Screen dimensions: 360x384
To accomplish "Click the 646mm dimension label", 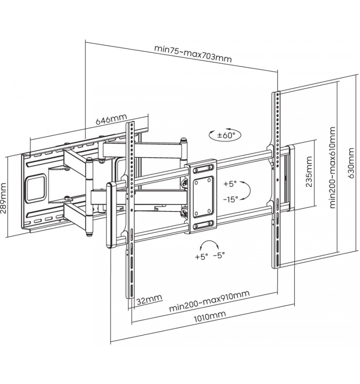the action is coord(111,119).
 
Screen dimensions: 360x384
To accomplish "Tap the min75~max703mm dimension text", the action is coord(193,54).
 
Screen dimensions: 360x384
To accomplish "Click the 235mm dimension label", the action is coord(309,171).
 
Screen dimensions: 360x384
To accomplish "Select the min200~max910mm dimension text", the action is coord(209,301).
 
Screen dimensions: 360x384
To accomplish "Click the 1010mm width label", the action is coord(210,316).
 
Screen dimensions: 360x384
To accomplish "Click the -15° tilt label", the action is coord(230,199).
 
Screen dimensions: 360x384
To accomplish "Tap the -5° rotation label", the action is coord(219,255).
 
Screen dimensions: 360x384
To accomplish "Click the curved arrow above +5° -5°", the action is coord(209,242).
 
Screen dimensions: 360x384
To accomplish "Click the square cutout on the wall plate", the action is coord(36,188).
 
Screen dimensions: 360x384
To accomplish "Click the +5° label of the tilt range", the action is coord(230,184).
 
